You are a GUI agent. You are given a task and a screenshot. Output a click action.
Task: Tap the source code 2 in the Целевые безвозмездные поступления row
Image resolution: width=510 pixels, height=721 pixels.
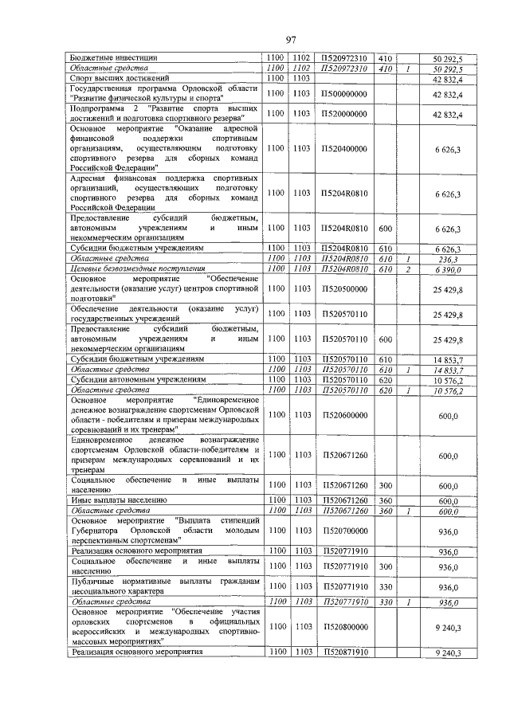(406, 268)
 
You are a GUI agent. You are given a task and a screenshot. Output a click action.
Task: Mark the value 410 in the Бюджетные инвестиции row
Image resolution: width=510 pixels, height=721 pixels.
(385, 57)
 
